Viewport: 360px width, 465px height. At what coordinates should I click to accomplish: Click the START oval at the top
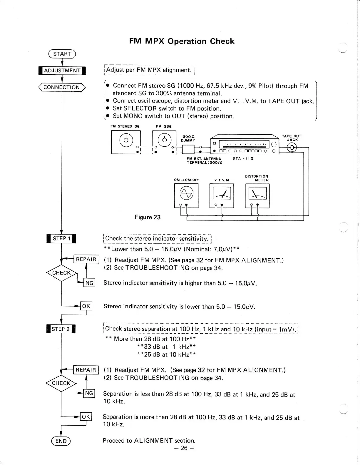click(62, 54)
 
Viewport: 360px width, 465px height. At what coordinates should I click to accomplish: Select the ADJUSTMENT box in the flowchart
click(62, 71)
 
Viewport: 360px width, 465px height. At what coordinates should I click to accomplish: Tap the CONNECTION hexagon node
click(62, 87)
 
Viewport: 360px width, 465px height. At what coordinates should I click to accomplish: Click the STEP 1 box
click(61, 238)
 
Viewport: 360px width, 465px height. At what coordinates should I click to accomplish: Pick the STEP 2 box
click(61, 329)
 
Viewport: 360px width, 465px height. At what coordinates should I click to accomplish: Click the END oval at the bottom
click(61, 441)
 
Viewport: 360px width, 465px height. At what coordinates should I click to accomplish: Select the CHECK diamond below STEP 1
click(61, 273)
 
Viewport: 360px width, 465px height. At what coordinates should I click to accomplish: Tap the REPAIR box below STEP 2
click(86, 370)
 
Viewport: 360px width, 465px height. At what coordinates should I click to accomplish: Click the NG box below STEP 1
click(89, 283)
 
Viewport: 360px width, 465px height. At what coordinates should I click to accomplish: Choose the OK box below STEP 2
click(86, 417)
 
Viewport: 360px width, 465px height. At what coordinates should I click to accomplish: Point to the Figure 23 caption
click(148, 217)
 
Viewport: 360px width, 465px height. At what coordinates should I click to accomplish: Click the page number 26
click(184, 448)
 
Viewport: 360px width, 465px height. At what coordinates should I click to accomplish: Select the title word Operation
click(187, 41)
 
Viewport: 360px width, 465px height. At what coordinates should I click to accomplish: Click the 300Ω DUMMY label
click(188, 138)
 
